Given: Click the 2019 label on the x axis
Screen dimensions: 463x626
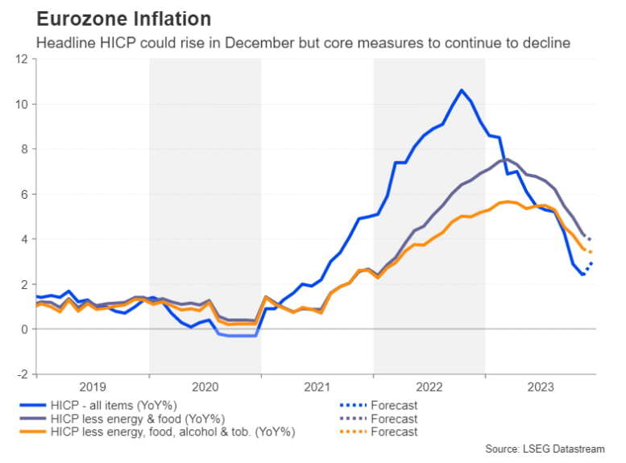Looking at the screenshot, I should [x=93, y=387].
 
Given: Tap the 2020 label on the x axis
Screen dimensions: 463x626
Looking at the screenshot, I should [x=205, y=387].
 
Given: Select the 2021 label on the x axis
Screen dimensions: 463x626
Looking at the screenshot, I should [x=317, y=387].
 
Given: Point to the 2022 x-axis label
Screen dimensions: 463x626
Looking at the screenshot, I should [x=429, y=387].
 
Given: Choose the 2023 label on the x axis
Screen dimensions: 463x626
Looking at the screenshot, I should [x=541, y=387].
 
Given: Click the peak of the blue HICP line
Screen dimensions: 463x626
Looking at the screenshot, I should [x=462, y=90].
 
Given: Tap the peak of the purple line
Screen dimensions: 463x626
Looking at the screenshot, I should [x=505, y=159].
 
